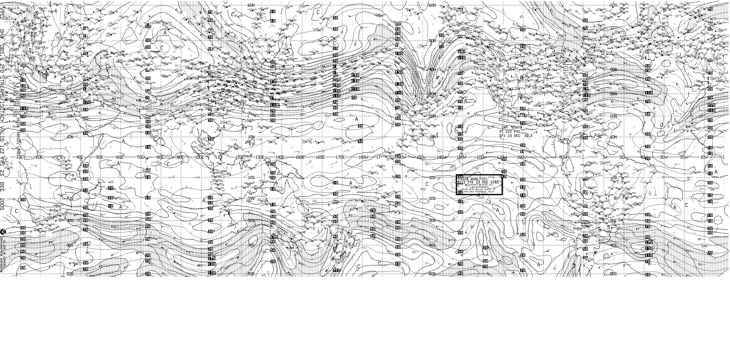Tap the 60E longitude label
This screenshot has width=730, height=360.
click(120, 157)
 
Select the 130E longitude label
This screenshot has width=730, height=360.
click(260, 157)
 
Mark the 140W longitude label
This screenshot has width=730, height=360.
click(440, 157)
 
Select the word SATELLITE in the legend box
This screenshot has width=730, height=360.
click(486, 185)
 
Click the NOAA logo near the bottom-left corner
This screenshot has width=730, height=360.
click(3, 232)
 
